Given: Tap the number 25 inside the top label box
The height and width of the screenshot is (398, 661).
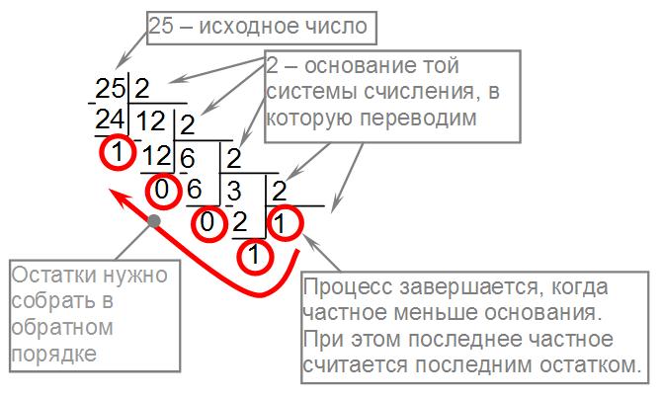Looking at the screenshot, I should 161,28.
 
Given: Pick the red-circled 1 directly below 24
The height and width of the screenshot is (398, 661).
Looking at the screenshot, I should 116,154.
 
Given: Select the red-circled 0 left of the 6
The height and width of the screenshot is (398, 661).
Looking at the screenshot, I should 162,188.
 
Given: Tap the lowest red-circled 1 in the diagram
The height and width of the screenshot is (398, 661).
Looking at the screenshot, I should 254,256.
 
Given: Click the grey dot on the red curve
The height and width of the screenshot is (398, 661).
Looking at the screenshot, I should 153,219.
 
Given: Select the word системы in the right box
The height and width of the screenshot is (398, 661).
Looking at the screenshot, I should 305,94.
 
